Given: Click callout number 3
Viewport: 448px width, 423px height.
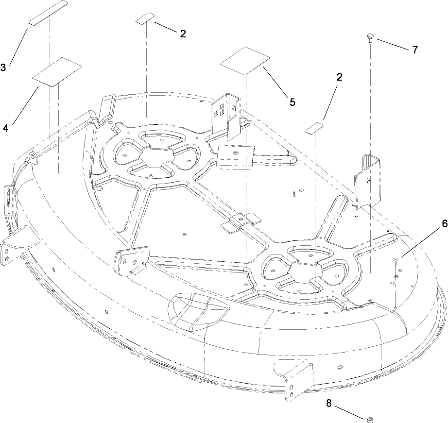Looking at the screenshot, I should (3, 68).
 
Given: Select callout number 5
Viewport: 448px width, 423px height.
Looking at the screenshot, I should (292, 102).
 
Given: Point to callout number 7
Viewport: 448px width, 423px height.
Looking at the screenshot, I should (414, 50).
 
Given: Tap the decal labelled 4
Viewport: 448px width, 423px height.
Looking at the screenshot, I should (56, 72).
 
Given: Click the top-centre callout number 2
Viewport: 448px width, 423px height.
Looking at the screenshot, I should (183, 34).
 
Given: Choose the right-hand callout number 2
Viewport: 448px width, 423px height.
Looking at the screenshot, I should (340, 77).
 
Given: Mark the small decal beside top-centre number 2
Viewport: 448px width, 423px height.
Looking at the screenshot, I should (145, 18).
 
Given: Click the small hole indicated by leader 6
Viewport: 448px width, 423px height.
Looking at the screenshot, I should (396, 261).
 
